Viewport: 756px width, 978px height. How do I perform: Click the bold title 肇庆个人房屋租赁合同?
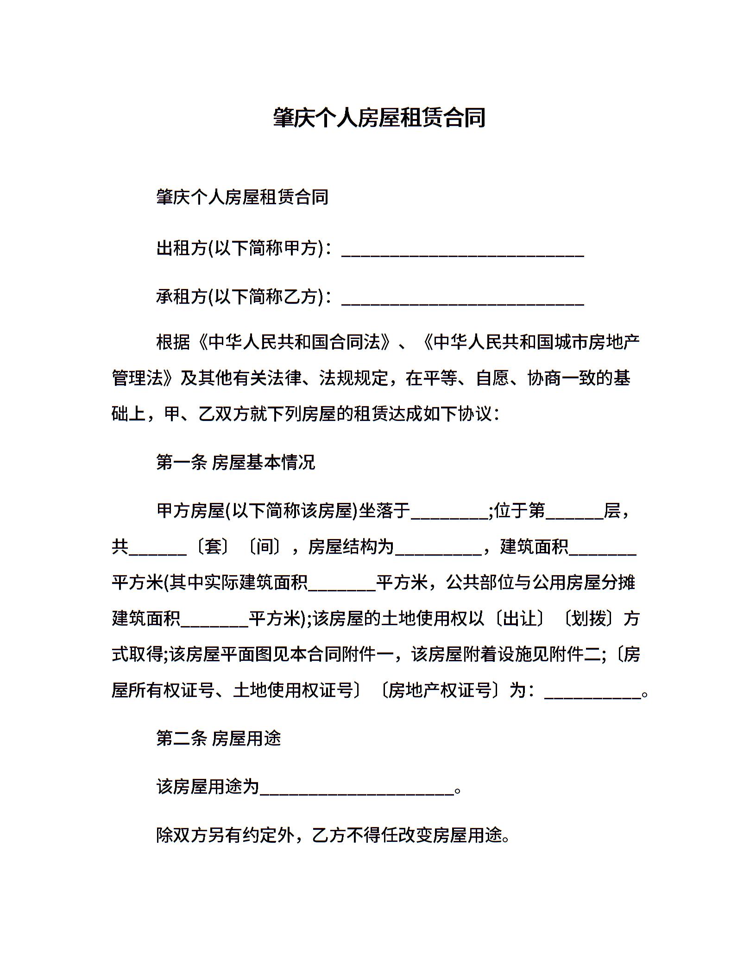(x=379, y=118)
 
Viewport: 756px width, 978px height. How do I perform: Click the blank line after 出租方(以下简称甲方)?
(x=462, y=250)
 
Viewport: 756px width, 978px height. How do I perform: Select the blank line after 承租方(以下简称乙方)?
(x=462, y=298)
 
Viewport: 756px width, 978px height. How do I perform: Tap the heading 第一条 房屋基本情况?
(x=235, y=462)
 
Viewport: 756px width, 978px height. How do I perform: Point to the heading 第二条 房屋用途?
(x=219, y=738)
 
